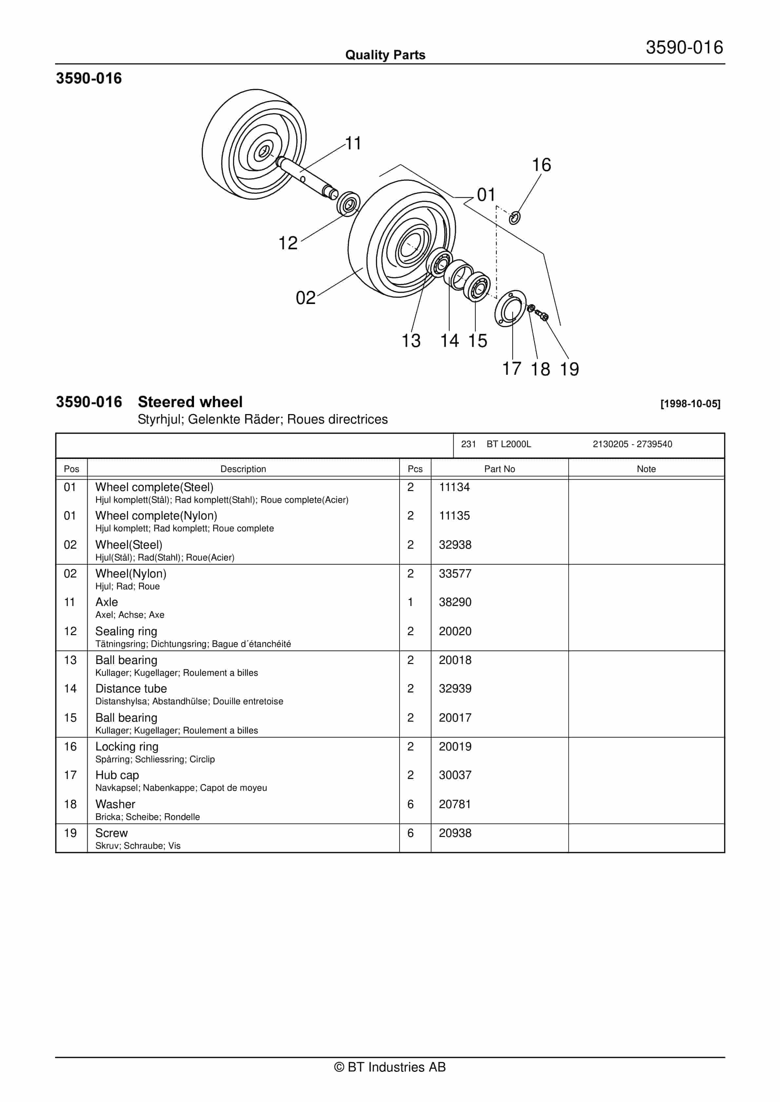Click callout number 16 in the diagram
tap(541, 165)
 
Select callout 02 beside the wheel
tap(305, 298)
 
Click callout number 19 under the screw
tap(570, 369)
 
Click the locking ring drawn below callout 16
tap(515, 218)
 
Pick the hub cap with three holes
tap(510, 308)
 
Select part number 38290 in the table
tap(455, 602)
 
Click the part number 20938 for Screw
tap(455, 833)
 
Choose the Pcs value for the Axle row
tap(410, 602)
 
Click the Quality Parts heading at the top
tap(385, 55)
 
